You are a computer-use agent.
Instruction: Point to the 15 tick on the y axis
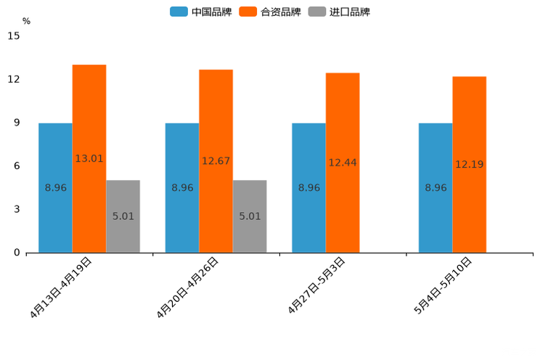pos(14,36)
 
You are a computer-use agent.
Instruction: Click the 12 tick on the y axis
pos(14,79)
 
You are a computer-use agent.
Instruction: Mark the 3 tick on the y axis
pos(17,209)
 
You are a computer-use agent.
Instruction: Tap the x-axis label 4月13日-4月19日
pos(62,287)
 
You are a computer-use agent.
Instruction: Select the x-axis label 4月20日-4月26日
pos(188,287)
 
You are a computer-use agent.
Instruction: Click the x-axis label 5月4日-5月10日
pos(443,285)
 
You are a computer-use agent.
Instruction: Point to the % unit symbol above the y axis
pos(26,22)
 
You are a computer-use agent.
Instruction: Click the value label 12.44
pos(343,163)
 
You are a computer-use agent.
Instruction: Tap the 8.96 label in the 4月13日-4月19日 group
pos(56,188)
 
